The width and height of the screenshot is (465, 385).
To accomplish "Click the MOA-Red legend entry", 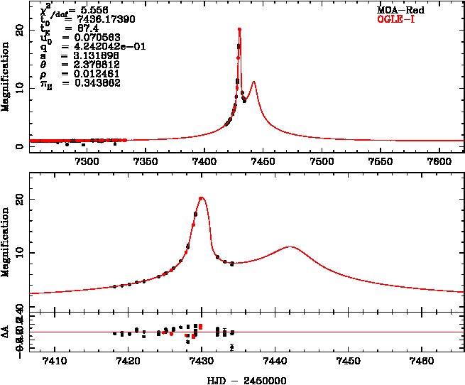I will [397, 11].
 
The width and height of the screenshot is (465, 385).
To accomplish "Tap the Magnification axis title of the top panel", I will [6, 76].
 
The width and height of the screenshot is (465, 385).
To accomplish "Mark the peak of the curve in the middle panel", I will [202, 198].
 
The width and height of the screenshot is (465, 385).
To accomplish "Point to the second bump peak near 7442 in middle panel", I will [290, 247].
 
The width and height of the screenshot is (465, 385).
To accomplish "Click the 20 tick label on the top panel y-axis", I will [20, 30].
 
